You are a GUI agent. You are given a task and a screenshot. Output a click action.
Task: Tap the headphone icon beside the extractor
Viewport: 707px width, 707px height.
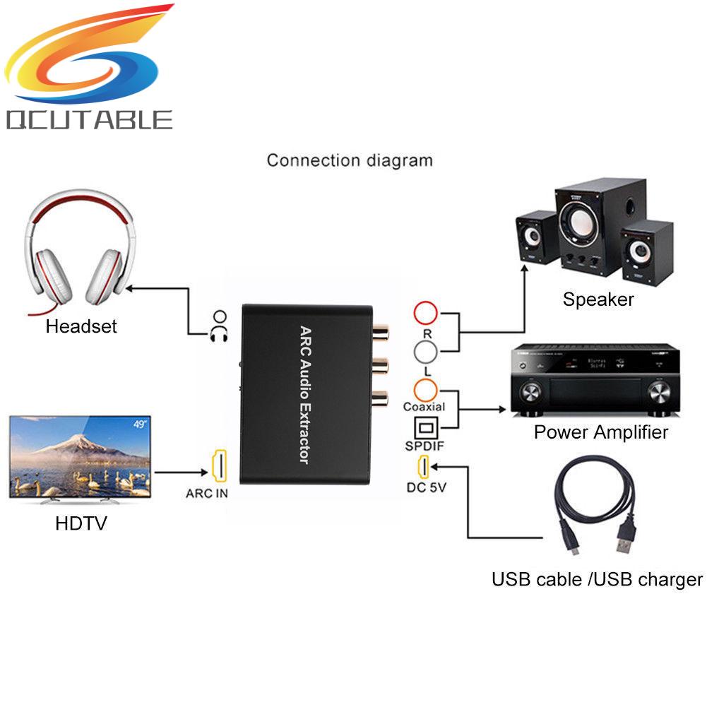[220, 326]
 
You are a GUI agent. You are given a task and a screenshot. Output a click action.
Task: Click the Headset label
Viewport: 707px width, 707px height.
[81, 326]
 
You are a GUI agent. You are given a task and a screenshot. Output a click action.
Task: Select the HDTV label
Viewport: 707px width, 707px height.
[81, 524]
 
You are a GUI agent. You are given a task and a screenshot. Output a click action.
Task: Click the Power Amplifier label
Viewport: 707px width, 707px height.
[600, 432]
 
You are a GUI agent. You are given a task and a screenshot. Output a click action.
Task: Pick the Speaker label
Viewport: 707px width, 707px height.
[598, 299]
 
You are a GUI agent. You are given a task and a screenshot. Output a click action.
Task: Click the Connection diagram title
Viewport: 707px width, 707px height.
[350, 160]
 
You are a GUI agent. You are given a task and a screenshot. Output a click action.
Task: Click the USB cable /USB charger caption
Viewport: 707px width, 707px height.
[597, 580]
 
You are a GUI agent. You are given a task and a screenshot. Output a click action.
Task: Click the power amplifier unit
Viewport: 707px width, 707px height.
[595, 379]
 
